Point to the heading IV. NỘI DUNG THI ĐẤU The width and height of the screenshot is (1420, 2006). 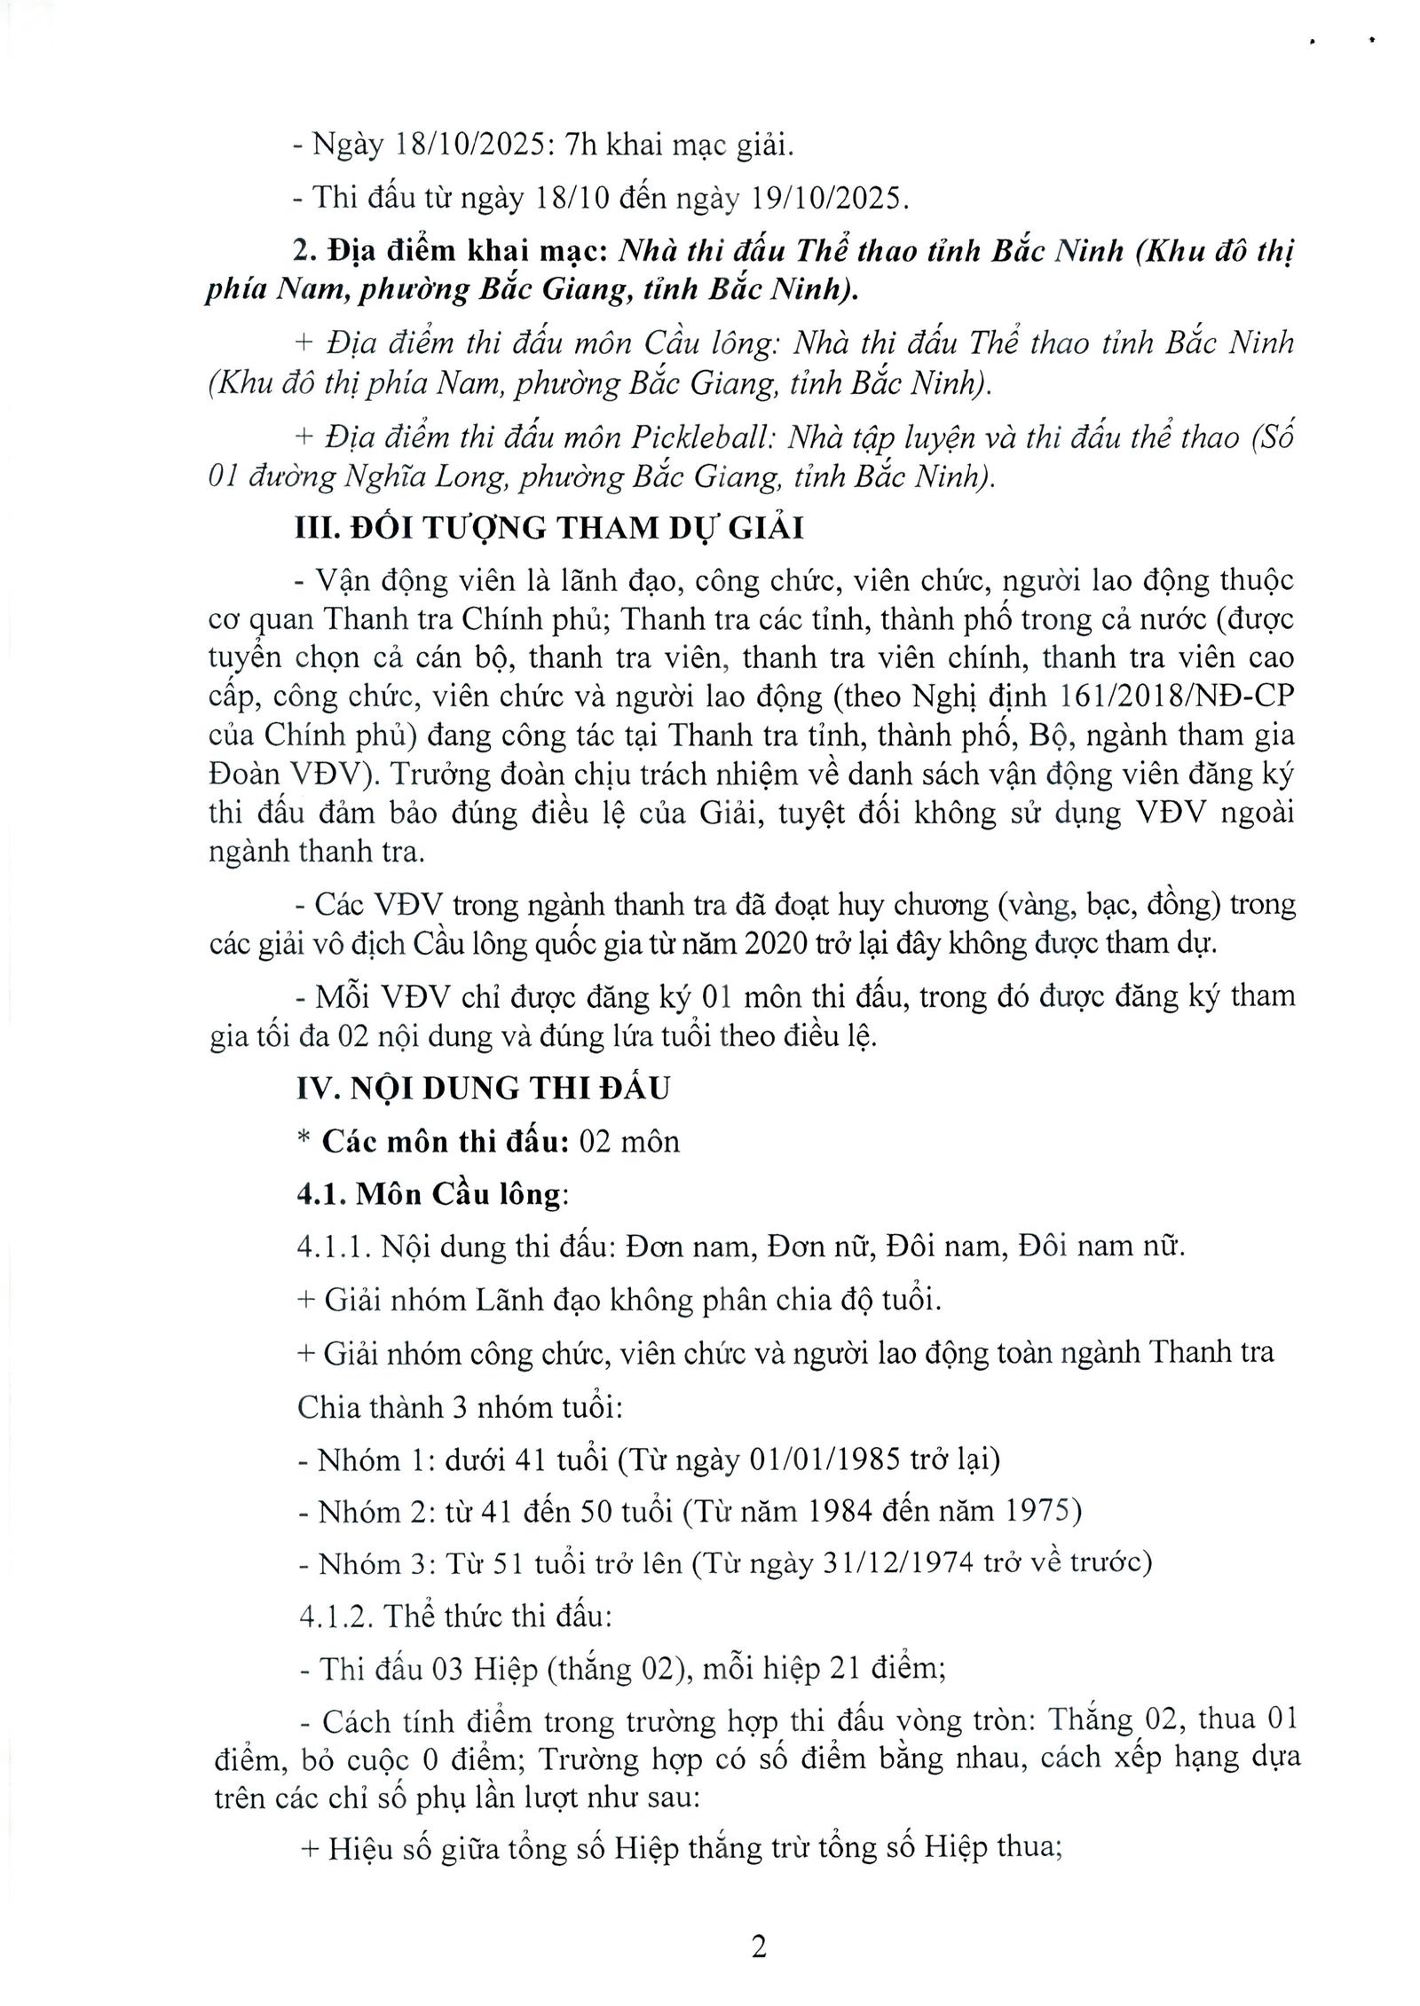click(483, 1087)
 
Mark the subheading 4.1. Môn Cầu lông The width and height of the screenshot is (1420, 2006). click(431, 1194)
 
